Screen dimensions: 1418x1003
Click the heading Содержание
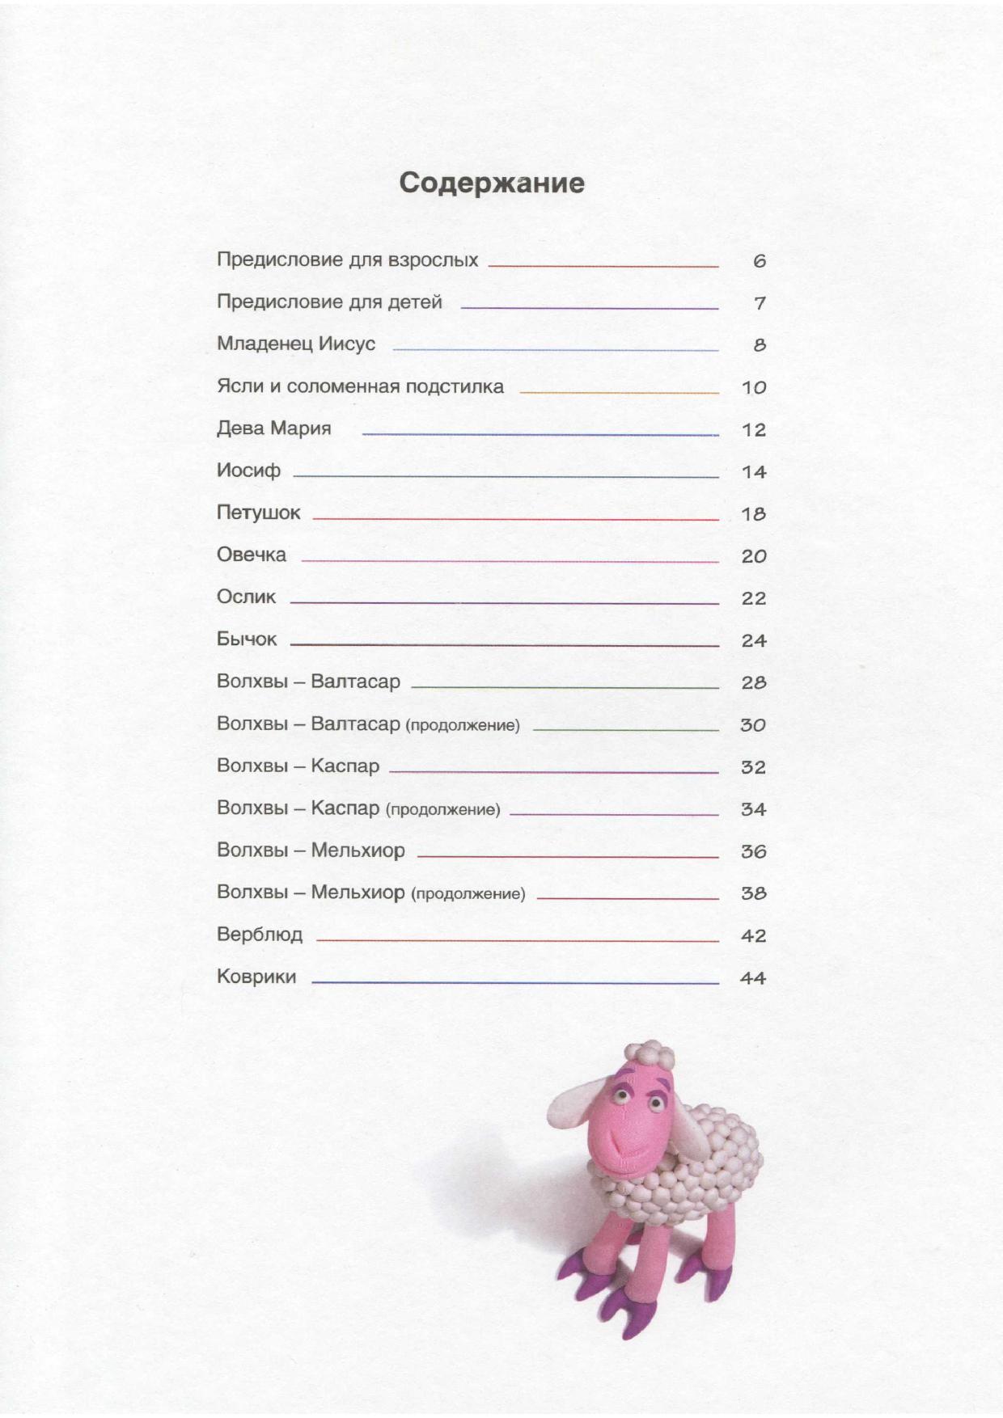click(492, 183)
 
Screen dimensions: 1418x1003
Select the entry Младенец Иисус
click(296, 344)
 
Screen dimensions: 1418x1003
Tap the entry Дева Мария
click(274, 428)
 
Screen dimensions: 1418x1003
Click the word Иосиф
click(248, 471)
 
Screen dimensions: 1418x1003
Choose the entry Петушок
click(259, 513)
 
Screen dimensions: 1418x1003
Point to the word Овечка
click(252, 555)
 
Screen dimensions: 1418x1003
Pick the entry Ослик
click(247, 597)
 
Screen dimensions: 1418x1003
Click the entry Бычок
click(247, 639)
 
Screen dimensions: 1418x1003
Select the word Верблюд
click(260, 935)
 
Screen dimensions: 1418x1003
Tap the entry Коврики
click(256, 977)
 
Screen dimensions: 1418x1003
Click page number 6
click(759, 261)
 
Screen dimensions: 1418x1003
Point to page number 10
click(754, 387)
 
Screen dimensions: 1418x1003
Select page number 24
click(754, 640)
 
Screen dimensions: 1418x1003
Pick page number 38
click(754, 893)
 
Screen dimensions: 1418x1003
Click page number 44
click(753, 978)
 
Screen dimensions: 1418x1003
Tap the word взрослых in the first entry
click(434, 260)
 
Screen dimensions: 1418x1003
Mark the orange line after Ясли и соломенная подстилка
click(619, 392)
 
